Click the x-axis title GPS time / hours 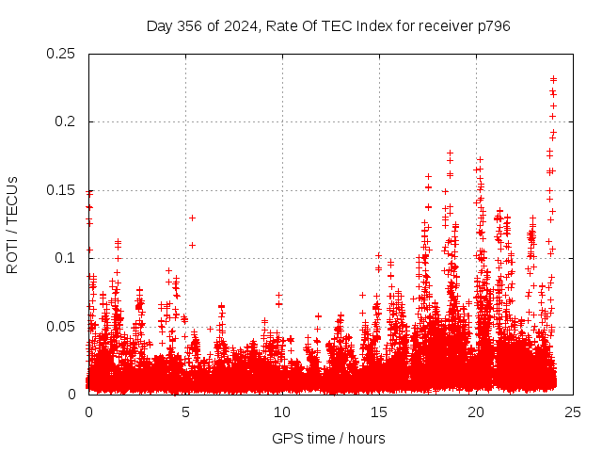point(328,438)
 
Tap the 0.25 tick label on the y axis point(61,54)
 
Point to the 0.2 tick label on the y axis point(65,121)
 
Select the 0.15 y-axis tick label point(61,190)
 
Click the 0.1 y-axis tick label point(65,258)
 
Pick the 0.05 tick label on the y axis point(61,326)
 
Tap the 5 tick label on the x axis point(185,412)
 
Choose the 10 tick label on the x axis point(282,412)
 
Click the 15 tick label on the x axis point(379,412)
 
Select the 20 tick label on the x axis point(476,412)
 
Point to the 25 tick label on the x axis point(573,412)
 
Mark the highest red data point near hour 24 point(554,79)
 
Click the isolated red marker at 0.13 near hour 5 point(192,218)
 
